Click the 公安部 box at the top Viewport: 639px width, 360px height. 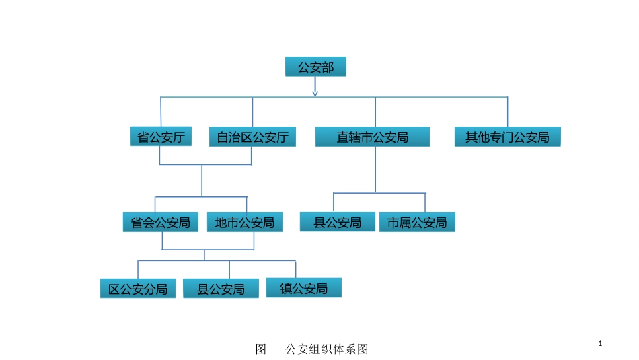click(x=315, y=67)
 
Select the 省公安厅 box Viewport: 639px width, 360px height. click(x=161, y=137)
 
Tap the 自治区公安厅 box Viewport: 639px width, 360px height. click(x=252, y=137)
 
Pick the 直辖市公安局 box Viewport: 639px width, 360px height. click(x=373, y=137)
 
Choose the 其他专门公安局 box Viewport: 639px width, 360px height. click(x=507, y=137)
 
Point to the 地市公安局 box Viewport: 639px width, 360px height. click(x=245, y=223)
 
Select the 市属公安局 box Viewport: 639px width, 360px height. click(x=417, y=223)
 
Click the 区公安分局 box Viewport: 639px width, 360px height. click(x=138, y=289)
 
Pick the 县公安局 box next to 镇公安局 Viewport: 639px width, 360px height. click(x=221, y=289)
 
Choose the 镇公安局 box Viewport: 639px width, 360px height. click(x=304, y=288)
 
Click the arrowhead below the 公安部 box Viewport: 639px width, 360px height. click(x=315, y=93)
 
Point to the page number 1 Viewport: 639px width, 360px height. click(x=600, y=345)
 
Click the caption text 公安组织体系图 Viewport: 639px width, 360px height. click(x=327, y=349)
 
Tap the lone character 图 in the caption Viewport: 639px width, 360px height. click(x=262, y=349)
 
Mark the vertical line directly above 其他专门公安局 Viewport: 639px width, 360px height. click(x=508, y=112)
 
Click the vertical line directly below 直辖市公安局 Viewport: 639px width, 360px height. click(x=376, y=170)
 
